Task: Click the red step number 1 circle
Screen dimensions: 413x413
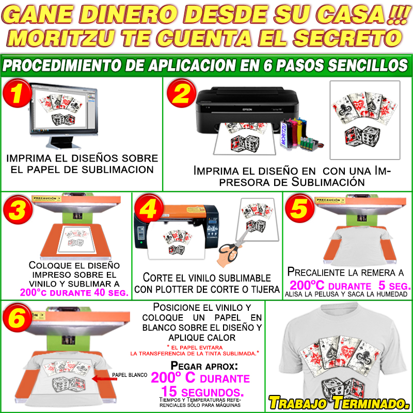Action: pyautogui.click(x=17, y=93)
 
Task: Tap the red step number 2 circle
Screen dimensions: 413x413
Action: pyautogui.click(x=182, y=93)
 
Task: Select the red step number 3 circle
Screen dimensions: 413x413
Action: pyautogui.click(x=18, y=210)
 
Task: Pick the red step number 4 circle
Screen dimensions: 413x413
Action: pyautogui.click(x=149, y=209)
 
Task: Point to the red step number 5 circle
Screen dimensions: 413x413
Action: pyautogui.click(x=300, y=208)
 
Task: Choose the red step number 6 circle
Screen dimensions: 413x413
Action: pyautogui.click(x=17, y=317)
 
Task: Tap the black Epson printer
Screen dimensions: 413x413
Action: pyautogui.click(x=247, y=110)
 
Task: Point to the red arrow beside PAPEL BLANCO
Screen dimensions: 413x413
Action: pyautogui.click(x=105, y=379)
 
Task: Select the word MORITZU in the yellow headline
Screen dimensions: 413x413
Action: pyautogui.click(x=61, y=38)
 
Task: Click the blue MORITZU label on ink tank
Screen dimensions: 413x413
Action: pyautogui.click(x=283, y=134)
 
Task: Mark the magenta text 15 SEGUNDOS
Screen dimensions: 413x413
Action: pyautogui.click(x=202, y=391)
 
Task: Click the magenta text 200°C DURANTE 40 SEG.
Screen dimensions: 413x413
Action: pyautogui.click(x=74, y=293)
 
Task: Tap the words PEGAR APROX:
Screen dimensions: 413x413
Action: pyautogui.click(x=204, y=366)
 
